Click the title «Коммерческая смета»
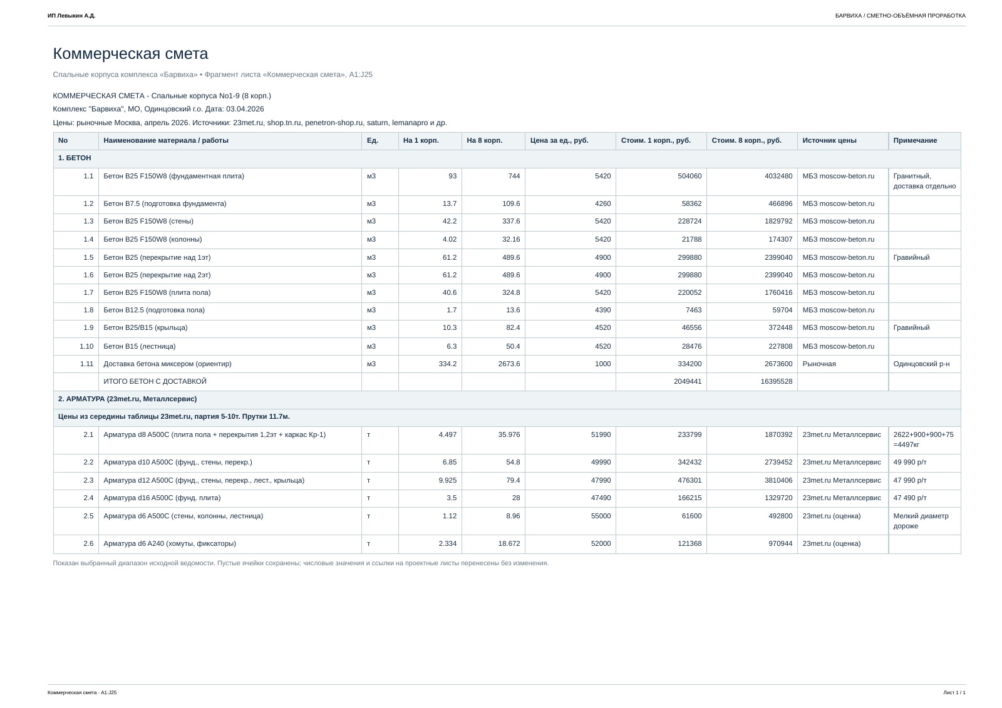[130, 54]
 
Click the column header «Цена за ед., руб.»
[559, 140]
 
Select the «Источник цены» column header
[829, 140]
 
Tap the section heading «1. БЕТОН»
[75, 158]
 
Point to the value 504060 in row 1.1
[690, 176]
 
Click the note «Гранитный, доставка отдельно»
[924, 181]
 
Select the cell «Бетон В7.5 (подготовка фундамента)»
[165, 204]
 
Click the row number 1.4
[88, 239]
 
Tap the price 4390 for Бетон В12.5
[602, 310]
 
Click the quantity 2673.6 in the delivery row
[509, 364]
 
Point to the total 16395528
[776, 381]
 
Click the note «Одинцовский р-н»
[921, 364]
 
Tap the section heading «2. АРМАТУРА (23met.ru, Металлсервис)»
[128, 399]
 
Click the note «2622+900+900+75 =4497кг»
[923, 439]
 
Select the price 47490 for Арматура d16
[601, 498]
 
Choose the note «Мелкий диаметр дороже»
[921, 521]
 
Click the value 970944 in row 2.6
[780, 543]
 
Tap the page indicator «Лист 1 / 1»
[954, 692]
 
